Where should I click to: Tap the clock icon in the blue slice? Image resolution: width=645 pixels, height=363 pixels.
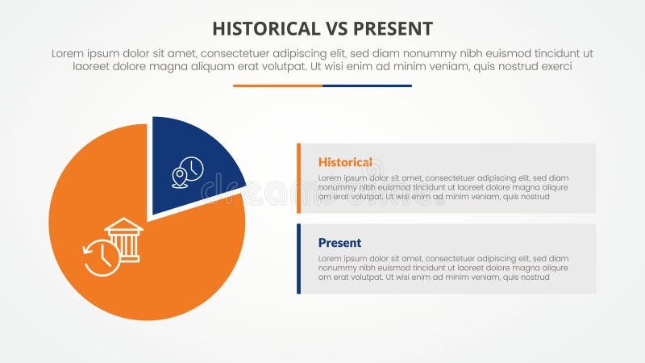(193, 169)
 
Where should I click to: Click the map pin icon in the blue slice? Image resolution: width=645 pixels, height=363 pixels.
(180, 177)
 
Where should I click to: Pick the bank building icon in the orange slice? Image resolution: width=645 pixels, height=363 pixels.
(124, 238)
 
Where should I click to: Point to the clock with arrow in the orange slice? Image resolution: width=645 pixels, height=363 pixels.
(102, 257)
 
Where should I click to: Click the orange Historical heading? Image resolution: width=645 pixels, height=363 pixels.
(345, 162)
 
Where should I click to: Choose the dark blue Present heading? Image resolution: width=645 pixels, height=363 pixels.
(339, 243)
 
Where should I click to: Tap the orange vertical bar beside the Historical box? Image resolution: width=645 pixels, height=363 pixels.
(299, 178)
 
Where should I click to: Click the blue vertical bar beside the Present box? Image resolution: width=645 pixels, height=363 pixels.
(299, 259)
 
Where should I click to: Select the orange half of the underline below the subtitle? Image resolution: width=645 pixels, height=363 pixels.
(277, 86)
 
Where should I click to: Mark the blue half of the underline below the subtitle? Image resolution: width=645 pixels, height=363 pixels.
(367, 86)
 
